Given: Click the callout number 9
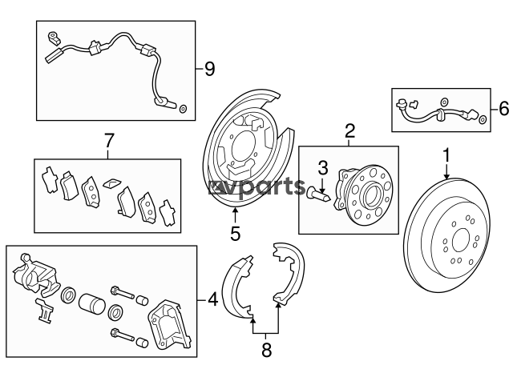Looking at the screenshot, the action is pyautogui.click(x=210, y=69).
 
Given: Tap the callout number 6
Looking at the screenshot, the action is pyautogui.click(x=504, y=109).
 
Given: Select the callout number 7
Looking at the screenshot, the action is pyautogui.click(x=108, y=141).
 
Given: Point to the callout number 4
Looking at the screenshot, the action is pyautogui.click(x=212, y=299).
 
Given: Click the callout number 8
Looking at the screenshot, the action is pyautogui.click(x=267, y=351).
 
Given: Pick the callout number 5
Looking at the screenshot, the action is pyautogui.click(x=235, y=233).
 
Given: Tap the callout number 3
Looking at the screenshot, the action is pyautogui.click(x=323, y=168).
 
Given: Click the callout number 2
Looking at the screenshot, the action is pyautogui.click(x=349, y=131).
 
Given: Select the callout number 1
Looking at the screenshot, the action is pyautogui.click(x=446, y=155).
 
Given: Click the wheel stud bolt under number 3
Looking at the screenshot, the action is pyautogui.click(x=318, y=193).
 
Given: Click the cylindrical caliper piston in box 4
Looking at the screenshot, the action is pyautogui.click(x=92, y=304).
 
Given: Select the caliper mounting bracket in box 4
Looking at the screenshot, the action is pyautogui.click(x=170, y=325).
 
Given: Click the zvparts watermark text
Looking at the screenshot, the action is pyautogui.click(x=256, y=187).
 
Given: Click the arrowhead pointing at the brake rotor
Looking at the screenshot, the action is pyautogui.click(x=446, y=176).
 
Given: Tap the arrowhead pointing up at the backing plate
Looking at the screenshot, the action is pyautogui.click(x=235, y=211).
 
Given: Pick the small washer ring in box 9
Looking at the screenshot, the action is pyautogui.click(x=184, y=108).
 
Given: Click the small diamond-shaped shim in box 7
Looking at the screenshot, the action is pyautogui.click(x=112, y=183).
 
